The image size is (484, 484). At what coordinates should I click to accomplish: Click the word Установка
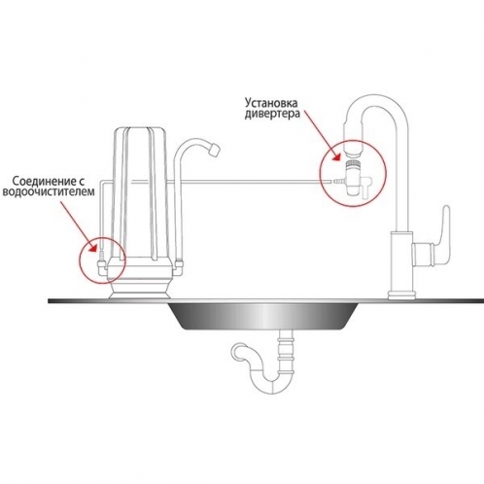(271, 104)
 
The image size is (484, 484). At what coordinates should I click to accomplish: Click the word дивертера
(272, 115)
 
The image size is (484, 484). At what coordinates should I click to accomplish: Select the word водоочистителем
(49, 191)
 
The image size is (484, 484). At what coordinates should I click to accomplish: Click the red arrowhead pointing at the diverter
(337, 156)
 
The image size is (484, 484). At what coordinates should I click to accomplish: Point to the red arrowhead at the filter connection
(93, 249)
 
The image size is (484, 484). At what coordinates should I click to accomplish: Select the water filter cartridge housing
(140, 193)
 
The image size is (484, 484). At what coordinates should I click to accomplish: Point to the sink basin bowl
(265, 316)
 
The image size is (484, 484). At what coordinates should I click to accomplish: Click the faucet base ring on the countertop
(401, 295)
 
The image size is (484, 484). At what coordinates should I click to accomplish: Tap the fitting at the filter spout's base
(179, 265)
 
